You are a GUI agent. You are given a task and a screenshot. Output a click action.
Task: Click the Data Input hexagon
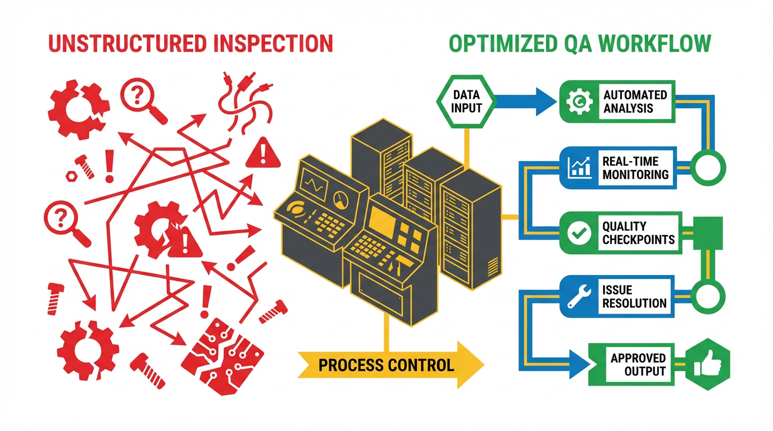(466, 101)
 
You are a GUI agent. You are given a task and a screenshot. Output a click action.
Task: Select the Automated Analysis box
(617, 101)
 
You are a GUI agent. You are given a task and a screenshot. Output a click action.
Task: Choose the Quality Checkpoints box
(621, 233)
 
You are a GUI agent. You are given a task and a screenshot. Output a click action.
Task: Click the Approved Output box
(631, 364)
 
